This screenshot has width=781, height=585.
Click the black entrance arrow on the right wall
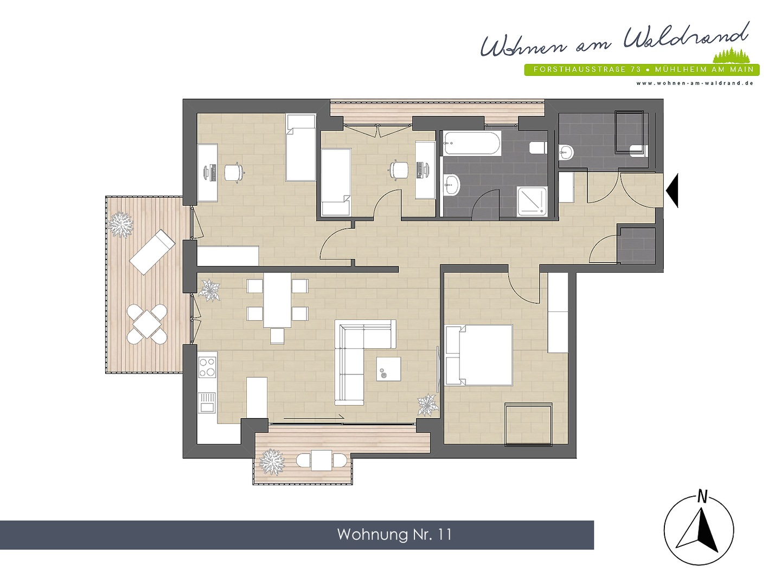pos(673,190)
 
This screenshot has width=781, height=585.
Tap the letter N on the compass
pos(702,496)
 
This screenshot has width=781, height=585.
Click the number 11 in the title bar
pos(445,535)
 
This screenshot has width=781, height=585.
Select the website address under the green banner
pos(695,83)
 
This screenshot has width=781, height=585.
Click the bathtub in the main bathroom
pos(471,144)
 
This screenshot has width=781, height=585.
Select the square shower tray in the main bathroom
pos(532,201)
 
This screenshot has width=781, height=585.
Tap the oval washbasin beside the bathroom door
pos(451,185)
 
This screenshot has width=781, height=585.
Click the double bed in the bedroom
pos(479,355)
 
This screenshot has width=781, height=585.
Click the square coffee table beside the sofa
pos(388,369)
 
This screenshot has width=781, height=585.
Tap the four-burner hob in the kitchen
pos(207,367)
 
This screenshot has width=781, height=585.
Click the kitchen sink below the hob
pos(207,402)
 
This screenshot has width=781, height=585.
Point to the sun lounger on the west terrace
pos(152,252)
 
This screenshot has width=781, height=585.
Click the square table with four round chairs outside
pos(147,324)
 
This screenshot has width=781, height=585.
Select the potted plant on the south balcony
pos(271,461)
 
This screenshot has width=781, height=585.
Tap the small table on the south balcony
pos(322,460)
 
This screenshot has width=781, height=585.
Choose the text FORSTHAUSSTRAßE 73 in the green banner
pos(587,70)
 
